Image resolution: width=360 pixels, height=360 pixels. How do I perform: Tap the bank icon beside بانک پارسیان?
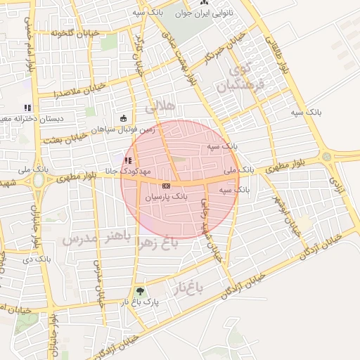pyautogui.click(x=165, y=186)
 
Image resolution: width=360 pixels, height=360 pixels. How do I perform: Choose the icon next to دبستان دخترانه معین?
pyautogui.click(x=27, y=108)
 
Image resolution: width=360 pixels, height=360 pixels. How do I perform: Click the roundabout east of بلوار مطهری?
pyautogui.click(x=326, y=156)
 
